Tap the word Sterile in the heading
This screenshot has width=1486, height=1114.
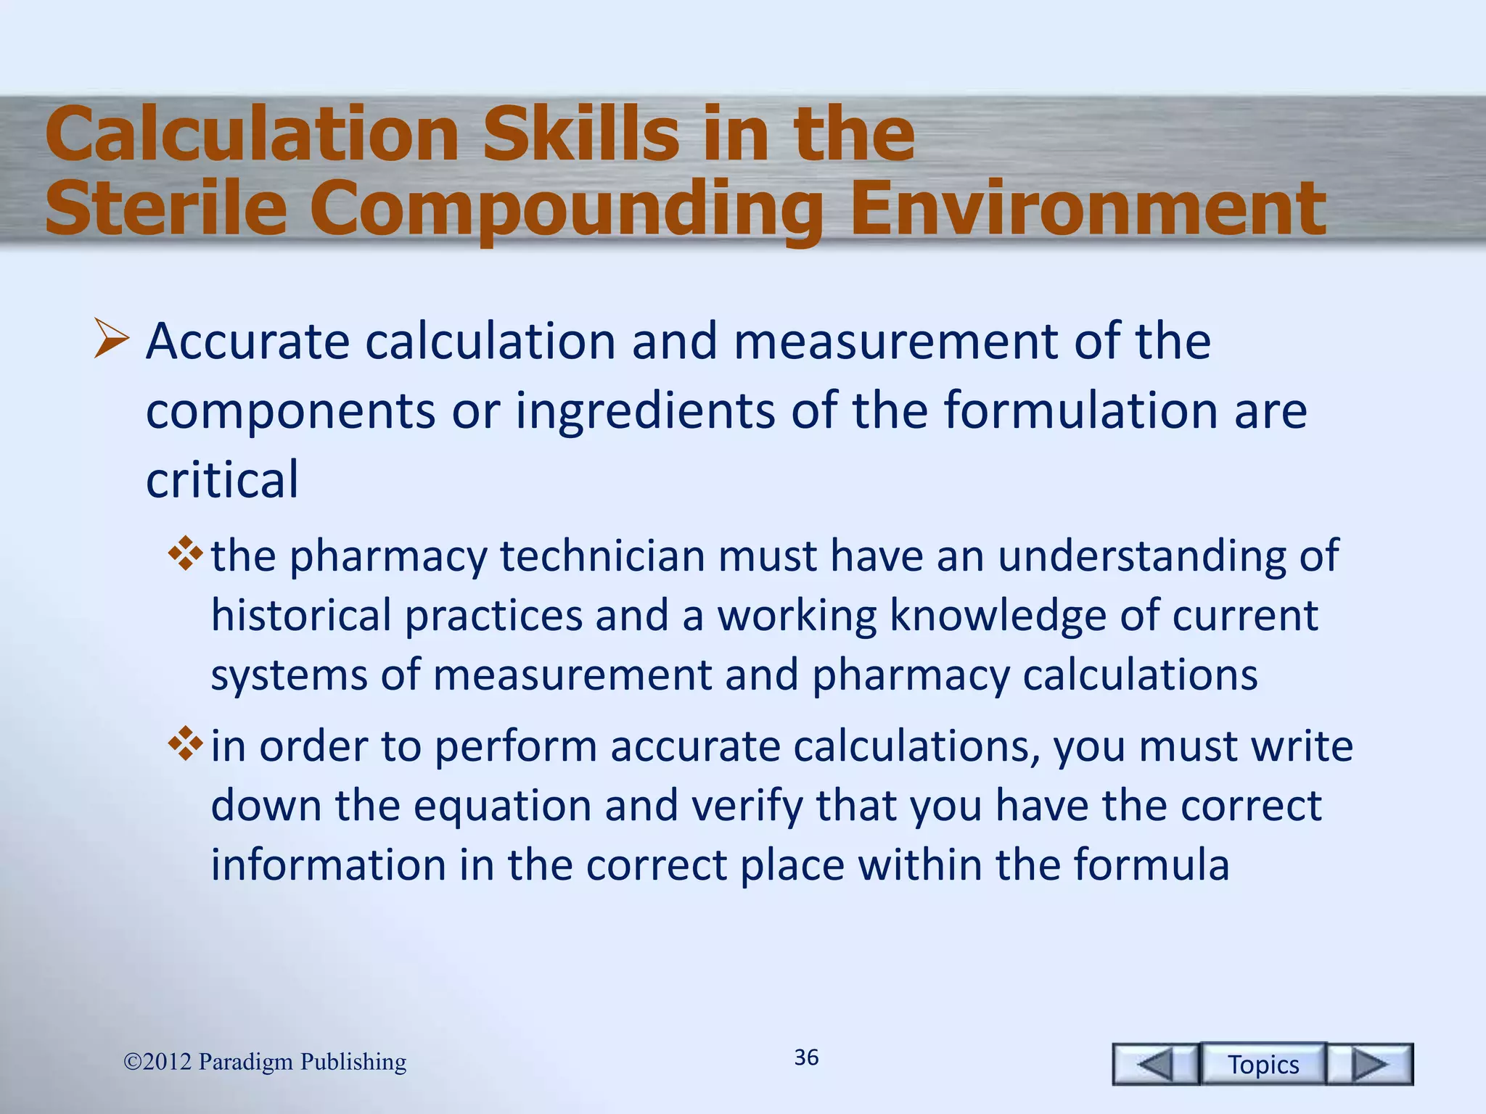click(x=166, y=209)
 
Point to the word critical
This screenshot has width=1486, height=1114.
click(x=222, y=479)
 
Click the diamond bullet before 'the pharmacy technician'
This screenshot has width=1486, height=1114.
click(x=186, y=553)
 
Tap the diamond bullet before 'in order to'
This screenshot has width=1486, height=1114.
click(x=186, y=743)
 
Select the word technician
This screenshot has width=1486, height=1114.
click(x=602, y=556)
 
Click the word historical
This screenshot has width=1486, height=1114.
click(x=301, y=616)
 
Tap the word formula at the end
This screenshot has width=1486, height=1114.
click(x=1151, y=865)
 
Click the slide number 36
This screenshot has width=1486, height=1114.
click(x=806, y=1057)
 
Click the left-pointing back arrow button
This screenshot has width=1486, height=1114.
click(x=1155, y=1064)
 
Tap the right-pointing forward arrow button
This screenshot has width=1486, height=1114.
click(x=1370, y=1064)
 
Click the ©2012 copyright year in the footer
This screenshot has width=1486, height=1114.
click(x=157, y=1062)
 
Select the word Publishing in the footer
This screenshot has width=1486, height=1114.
click(x=353, y=1062)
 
